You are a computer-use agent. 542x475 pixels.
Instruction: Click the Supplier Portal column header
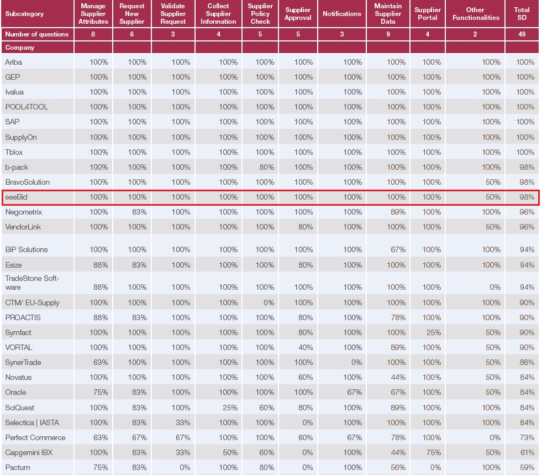pyautogui.click(x=428, y=14)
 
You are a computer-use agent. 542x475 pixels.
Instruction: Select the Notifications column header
pyautogui.click(x=341, y=14)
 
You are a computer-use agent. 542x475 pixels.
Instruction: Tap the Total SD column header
pyautogui.click(x=522, y=14)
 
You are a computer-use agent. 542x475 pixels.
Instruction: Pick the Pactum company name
pyautogui.click(x=18, y=467)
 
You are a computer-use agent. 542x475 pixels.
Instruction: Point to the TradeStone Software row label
pyautogui.click(x=31, y=283)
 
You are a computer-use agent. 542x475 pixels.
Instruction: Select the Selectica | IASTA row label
pyautogui.click(x=31, y=422)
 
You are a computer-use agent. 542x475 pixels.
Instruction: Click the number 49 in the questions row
pyautogui.click(x=522, y=34)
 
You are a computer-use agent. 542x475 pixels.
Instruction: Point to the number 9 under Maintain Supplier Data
pyautogui.click(x=388, y=34)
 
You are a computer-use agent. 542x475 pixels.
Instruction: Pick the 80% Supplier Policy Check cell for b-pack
pyautogui.click(x=266, y=167)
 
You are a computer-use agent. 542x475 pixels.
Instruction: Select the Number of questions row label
pyautogui.click(x=36, y=34)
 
